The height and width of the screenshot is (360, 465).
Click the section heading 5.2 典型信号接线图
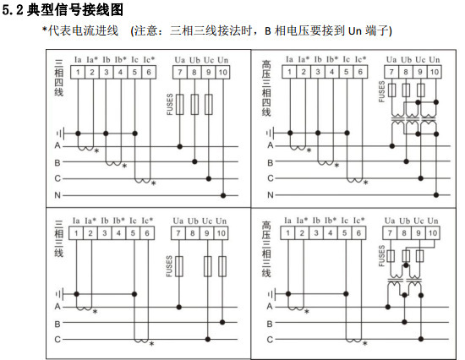coord(63,10)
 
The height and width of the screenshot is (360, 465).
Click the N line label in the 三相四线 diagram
coord(57,195)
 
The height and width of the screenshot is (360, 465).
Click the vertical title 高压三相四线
coord(266,87)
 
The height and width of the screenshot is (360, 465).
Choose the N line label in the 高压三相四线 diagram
coord(269,195)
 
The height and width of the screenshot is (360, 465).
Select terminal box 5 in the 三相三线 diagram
coord(134,231)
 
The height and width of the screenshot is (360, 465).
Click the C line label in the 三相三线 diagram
coord(57,339)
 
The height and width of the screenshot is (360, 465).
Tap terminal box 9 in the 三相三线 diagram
coord(208,231)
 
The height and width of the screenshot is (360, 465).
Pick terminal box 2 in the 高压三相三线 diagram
coord(302,231)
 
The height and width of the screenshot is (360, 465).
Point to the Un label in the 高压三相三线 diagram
coord(433,219)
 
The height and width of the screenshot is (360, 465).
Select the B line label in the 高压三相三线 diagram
coord(269,323)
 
